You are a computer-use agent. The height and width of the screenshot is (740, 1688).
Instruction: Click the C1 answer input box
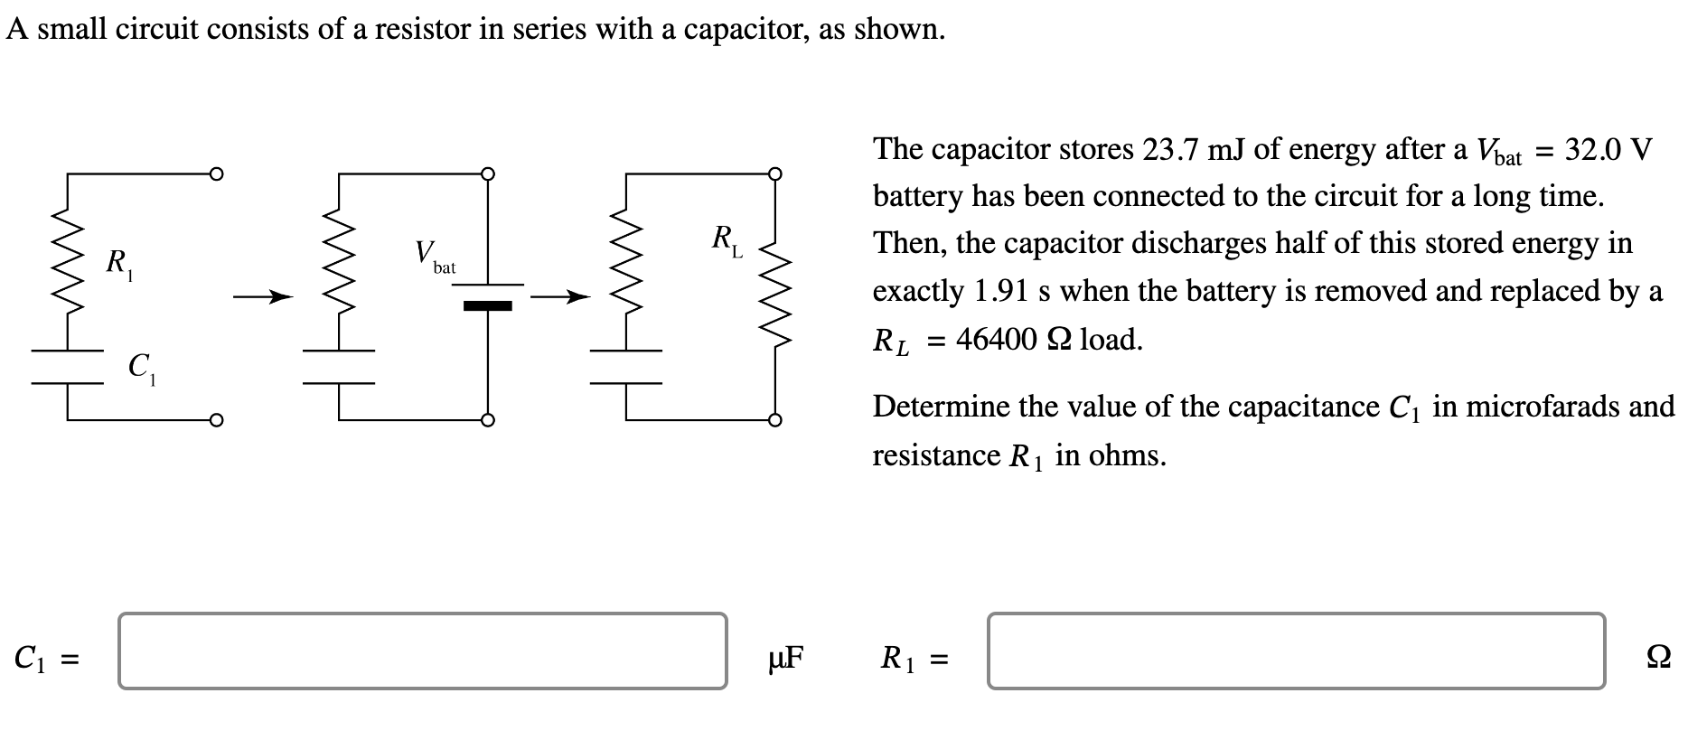click(x=422, y=651)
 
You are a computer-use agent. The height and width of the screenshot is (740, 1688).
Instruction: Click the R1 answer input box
click(x=1295, y=651)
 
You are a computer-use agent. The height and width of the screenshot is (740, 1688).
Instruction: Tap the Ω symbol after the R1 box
click(x=1658, y=658)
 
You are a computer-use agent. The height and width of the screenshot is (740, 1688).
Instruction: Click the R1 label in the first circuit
click(x=117, y=264)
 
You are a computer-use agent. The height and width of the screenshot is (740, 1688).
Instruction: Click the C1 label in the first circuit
click(x=140, y=368)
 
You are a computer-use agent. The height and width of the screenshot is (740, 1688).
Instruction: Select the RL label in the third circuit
click(x=726, y=241)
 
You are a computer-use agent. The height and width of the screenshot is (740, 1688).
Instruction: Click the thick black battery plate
click(x=487, y=306)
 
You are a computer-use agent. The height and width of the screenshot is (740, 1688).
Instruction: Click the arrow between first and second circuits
click(x=263, y=295)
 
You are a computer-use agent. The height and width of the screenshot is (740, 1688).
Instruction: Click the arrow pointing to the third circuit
click(x=559, y=295)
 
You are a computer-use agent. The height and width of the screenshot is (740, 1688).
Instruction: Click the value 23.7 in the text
click(x=1170, y=149)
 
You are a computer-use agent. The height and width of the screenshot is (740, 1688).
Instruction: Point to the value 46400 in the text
click(x=996, y=340)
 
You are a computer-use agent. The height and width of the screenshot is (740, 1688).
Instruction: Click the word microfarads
click(x=1542, y=407)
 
